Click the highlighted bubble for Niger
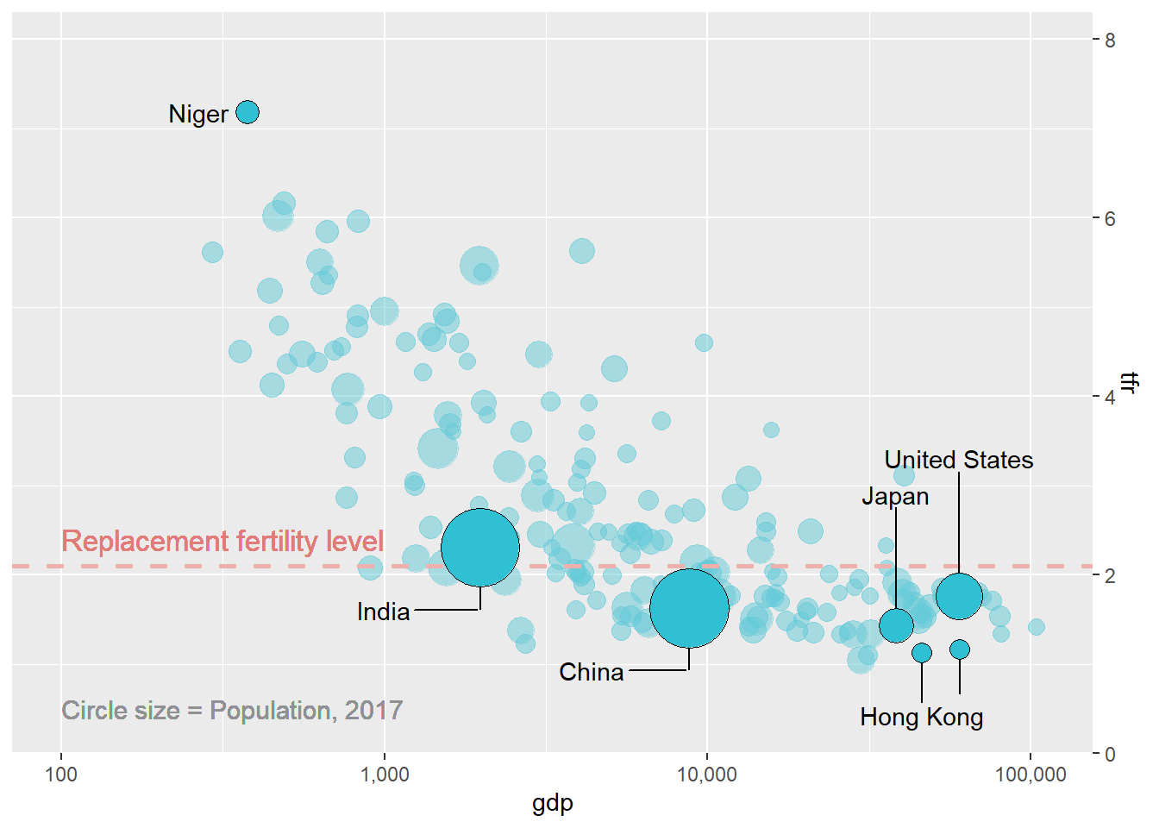[x=247, y=112]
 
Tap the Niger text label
[x=198, y=114]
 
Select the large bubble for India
[x=480, y=547]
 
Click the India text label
[x=383, y=612]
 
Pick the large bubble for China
[x=689, y=608]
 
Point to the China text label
[x=591, y=672]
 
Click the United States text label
[x=959, y=460]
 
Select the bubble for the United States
[x=959, y=596]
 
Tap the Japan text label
[x=895, y=496]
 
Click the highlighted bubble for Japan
[x=896, y=625]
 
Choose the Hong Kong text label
[x=921, y=717]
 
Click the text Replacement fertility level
[x=222, y=541]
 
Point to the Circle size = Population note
[x=232, y=710]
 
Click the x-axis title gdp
[x=553, y=803]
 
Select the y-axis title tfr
[x=1129, y=382]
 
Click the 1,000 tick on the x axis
[x=385, y=774]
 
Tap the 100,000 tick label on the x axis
[x=1031, y=774]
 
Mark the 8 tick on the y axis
[x=1110, y=40]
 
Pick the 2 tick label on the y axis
[x=1110, y=575]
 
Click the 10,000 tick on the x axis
[x=707, y=774]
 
